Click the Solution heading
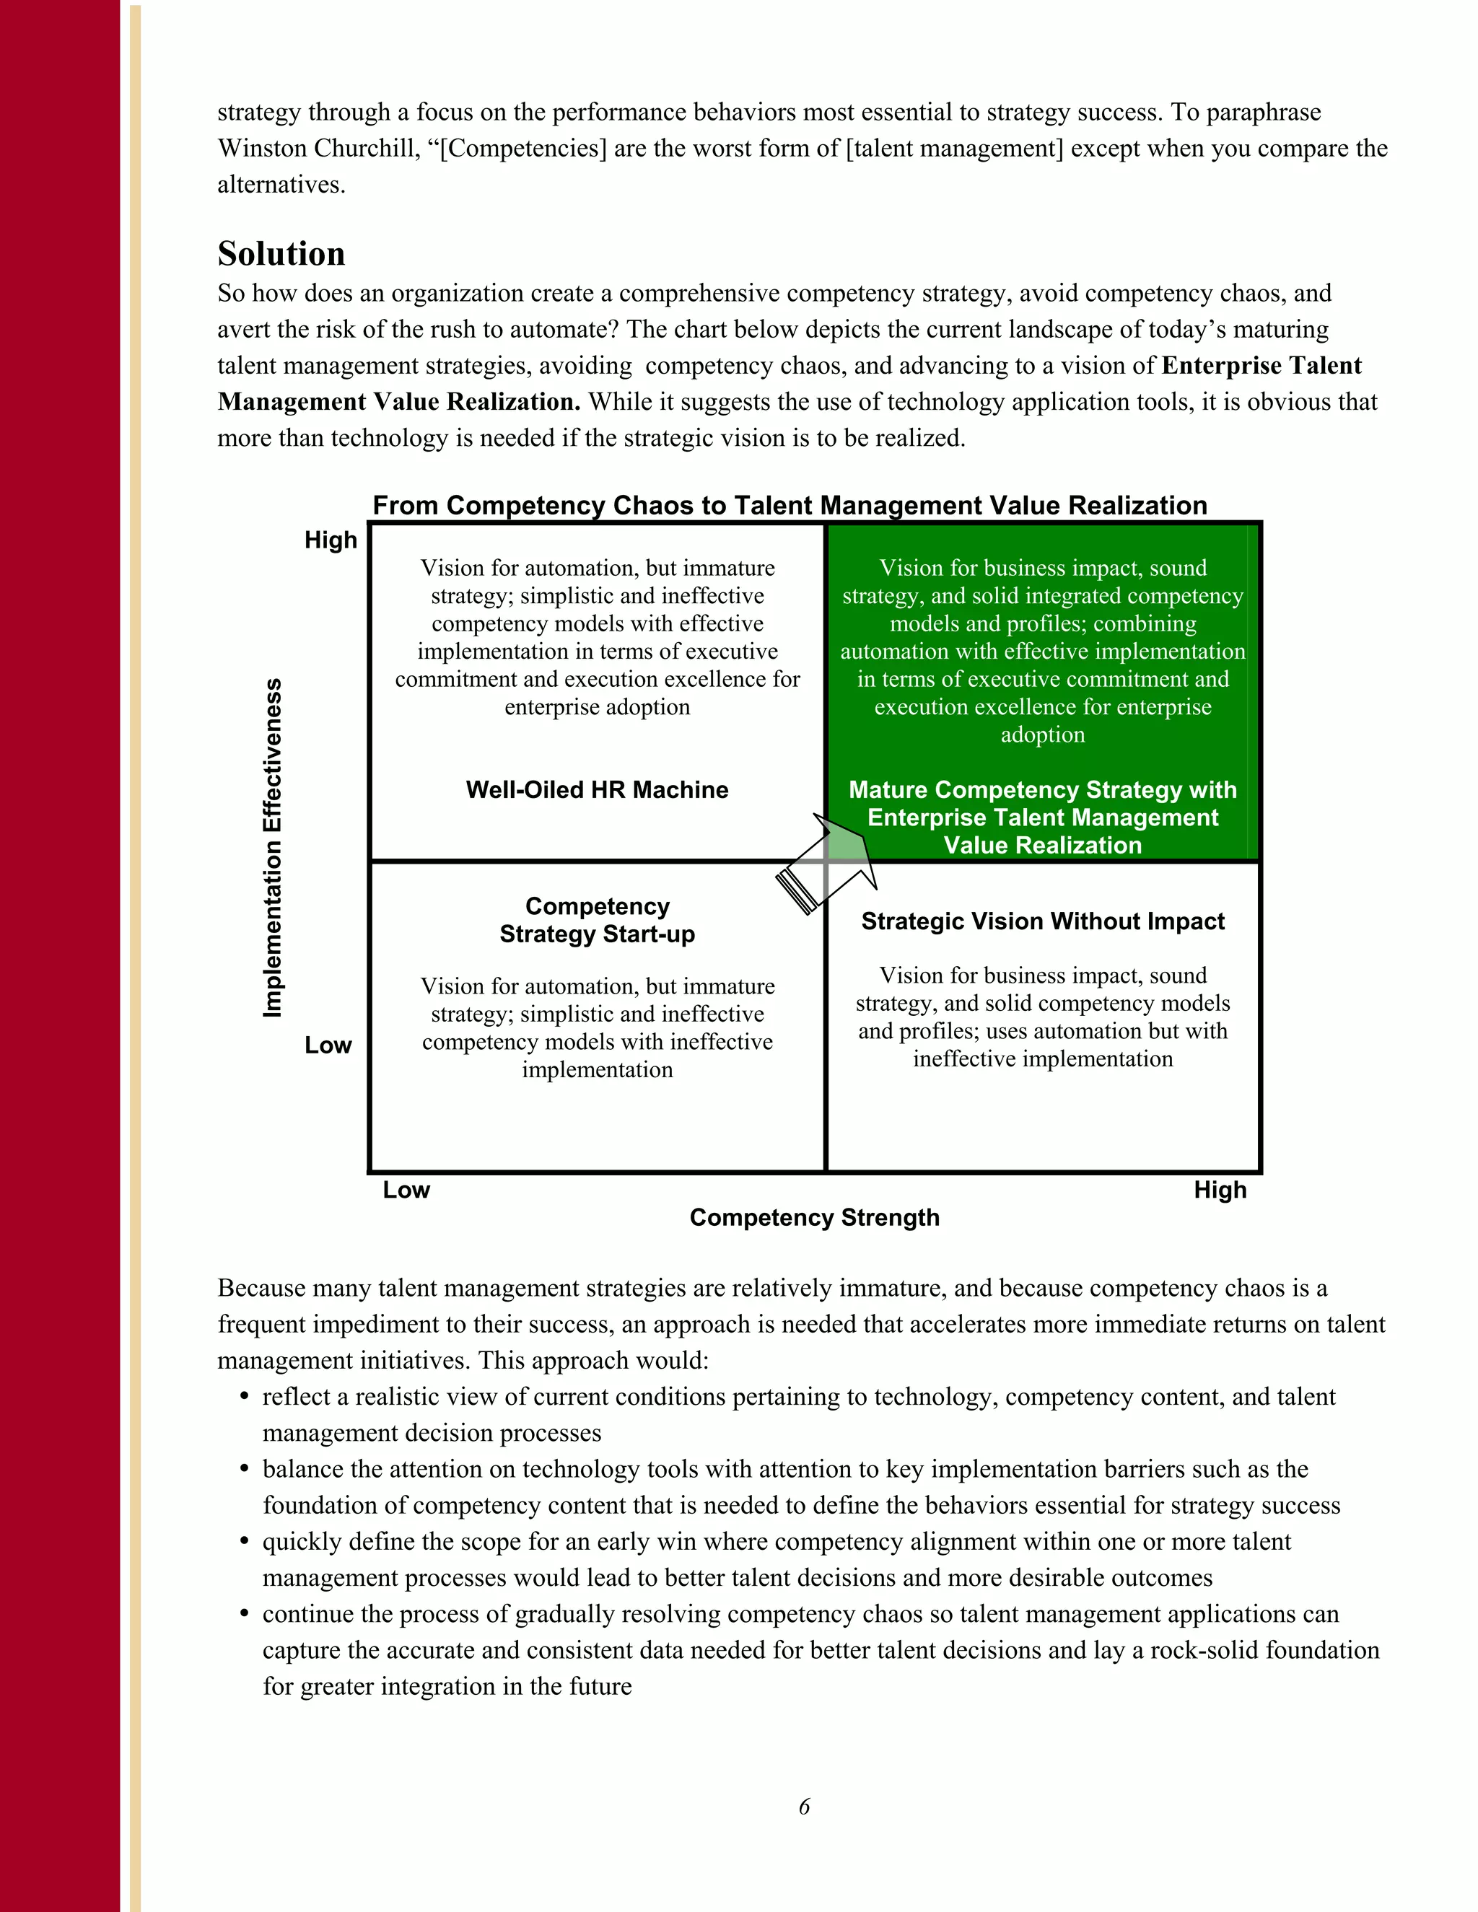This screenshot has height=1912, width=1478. click(x=281, y=254)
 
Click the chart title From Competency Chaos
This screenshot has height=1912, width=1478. click(x=789, y=505)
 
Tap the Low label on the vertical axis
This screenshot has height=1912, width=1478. click(x=328, y=1045)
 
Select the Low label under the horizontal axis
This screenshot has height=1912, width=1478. click(x=406, y=1190)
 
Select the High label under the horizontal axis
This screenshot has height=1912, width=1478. click(x=1220, y=1190)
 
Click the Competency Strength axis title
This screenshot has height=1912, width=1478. click(x=814, y=1218)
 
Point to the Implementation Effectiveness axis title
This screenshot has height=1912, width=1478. click(x=274, y=848)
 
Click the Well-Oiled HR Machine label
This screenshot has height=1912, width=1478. click(x=597, y=789)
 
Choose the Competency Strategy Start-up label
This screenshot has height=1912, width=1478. click(x=597, y=920)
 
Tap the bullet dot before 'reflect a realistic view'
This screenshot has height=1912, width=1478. click(x=245, y=1398)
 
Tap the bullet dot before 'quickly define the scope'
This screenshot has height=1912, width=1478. click(x=245, y=1542)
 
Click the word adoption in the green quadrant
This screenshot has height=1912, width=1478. click(x=1043, y=734)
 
